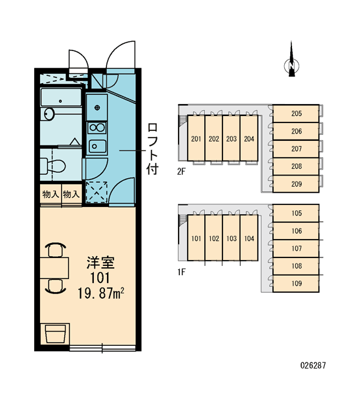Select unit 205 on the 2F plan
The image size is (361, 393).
(x=296, y=113)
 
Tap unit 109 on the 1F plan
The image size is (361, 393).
(x=296, y=284)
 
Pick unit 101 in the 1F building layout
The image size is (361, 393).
(x=196, y=238)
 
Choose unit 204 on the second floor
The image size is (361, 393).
(x=249, y=138)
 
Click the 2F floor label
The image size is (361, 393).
(x=181, y=172)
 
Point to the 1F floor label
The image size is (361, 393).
(x=181, y=272)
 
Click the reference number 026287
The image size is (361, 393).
(x=313, y=365)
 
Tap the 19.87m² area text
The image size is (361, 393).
(x=101, y=293)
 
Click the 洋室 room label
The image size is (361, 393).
(x=100, y=263)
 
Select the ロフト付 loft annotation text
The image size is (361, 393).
(x=152, y=149)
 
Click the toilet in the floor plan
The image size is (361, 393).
(x=53, y=166)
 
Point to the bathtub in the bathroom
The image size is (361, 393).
(x=61, y=97)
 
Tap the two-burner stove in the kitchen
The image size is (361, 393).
(x=97, y=128)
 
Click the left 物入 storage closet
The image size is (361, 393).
(x=51, y=195)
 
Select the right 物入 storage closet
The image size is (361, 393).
(x=72, y=195)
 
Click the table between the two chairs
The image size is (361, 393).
(x=54, y=268)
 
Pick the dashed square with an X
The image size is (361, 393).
(x=96, y=192)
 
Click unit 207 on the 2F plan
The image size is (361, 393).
(x=296, y=149)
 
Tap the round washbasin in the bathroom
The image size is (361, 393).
(x=49, y=114)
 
